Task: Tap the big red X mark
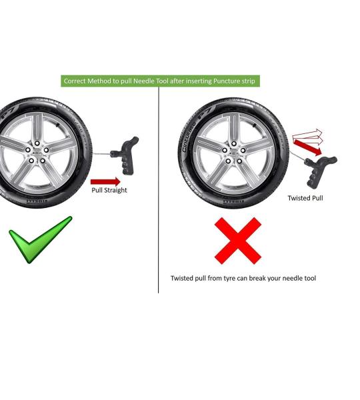(237, 240)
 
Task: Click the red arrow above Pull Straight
(105, 181)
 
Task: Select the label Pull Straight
(109, 191)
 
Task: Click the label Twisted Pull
(305, 198)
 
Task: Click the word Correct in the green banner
(77, 81)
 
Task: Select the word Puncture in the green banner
(227, 81)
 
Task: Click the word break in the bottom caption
(263, 278)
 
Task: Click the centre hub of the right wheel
(234, 155)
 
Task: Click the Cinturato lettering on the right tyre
(189, 137)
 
